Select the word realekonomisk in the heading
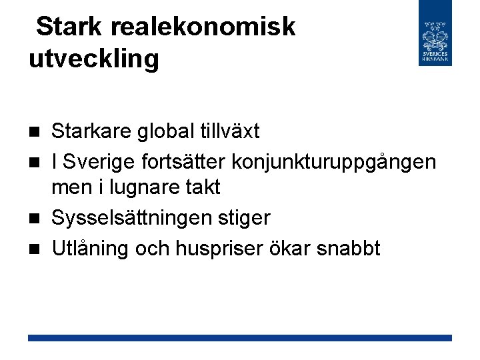pyautogui.click(x=203, y=27)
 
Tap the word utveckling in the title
pyautogui.click(x=94, y=59)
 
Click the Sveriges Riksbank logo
pyautogui.click(x=435, y=33)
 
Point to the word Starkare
pyautogui.click(x=92, y=131)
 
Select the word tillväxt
pyautogui.click(x=230, y=131)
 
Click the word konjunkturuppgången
pyautogui.click(x=335, y=161)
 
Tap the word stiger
pyautogui.click(x=245, y=218)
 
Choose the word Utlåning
pyautogui.click(x=91, y=248)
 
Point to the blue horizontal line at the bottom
pyautogui.click(x=240, y=338)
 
